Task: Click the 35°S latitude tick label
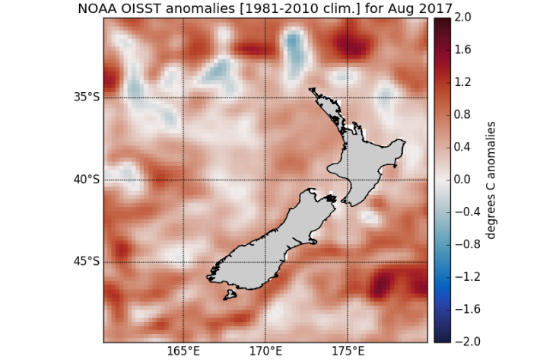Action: pyautogui.click(x=86, y=97)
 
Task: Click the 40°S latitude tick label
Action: pyautogui.click(x=86, y=180)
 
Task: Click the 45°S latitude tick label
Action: pyautogui.click(x=86, y=262)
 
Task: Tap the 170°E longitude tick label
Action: pyautogui.click(x=265, y=352)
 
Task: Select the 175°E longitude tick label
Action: pyautogui.click(x=348, y=352)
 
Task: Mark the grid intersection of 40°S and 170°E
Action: pyautogui.click(x=265, y=180)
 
